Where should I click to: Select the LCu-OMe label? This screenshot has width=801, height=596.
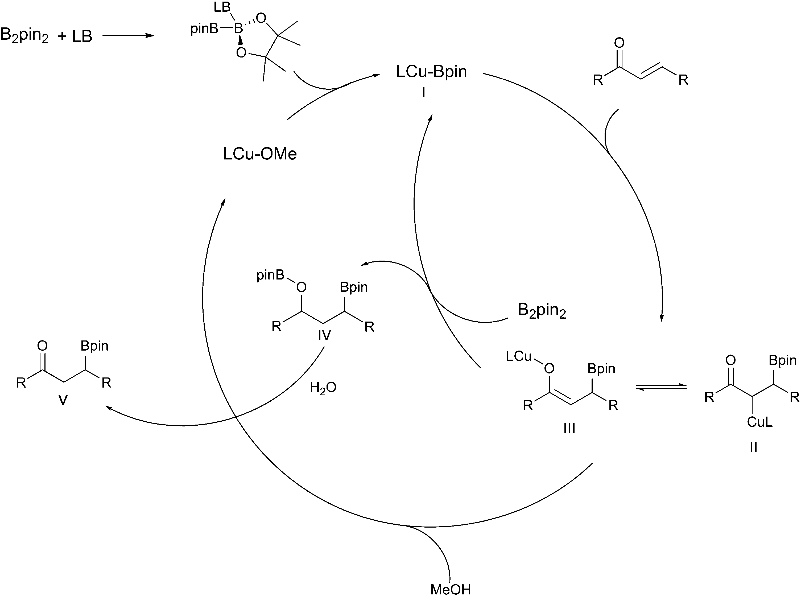[x=260, y=154]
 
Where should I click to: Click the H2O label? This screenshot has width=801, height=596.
[x=323, y=388]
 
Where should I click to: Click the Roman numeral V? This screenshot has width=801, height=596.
[x=63, y=400]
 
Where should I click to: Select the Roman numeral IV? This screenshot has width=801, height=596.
[x=324, y=336]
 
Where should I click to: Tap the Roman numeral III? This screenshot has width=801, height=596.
[x=569, y=429]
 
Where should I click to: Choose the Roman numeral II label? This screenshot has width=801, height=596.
[x=753, y=448]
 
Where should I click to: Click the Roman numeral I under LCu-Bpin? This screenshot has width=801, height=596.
[x=423, y=93]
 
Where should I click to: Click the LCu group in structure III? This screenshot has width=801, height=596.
[x=519, y=356]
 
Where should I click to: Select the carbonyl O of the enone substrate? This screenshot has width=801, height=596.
[x=619, y=43]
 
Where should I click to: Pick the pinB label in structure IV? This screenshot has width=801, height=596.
[x=270, y=276]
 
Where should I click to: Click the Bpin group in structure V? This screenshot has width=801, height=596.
[x=94, y=346]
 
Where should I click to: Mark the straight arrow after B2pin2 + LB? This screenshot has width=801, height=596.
[x=128, y=36]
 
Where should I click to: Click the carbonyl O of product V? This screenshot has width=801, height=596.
[x=42, y=346]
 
